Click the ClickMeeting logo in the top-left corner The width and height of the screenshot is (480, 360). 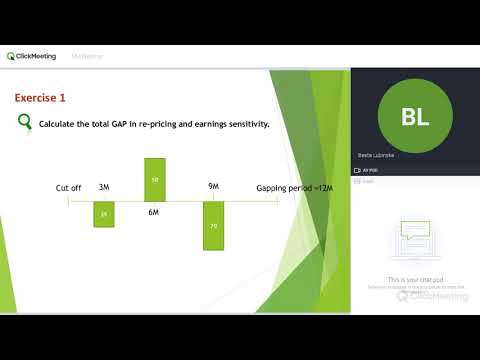click(x=31, y=56)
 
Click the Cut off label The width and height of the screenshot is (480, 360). click(x=68, y=188)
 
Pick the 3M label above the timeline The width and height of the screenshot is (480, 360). click(x=103, y=187)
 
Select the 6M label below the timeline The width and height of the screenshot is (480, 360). click(x=155, y=212)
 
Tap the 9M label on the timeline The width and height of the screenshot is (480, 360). click(x=213, y=187)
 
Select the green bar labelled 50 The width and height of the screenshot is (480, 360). click(x=155, y=179)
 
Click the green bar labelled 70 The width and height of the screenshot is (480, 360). click(x=214, y=226)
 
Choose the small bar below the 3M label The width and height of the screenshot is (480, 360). click(x=103, y=214)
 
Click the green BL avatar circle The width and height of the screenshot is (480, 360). click(x=414, y=117)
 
